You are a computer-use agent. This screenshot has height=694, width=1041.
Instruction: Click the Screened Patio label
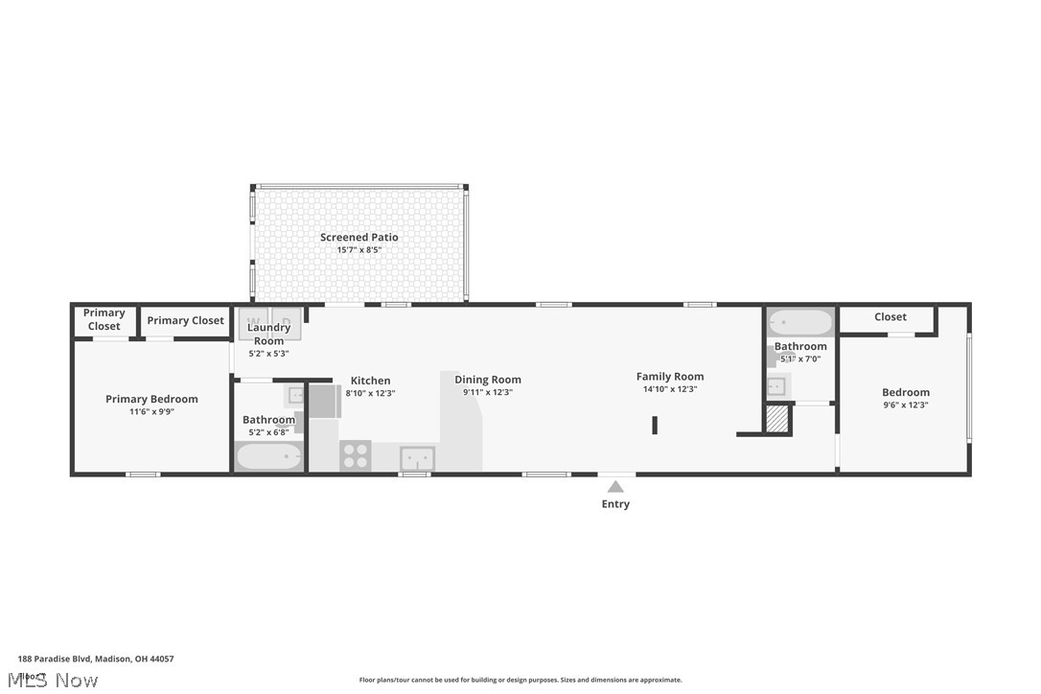[x=359, y=237]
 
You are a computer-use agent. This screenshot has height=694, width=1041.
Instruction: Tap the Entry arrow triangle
[x=615, y=487]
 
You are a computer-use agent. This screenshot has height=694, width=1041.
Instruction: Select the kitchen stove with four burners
[x=356, y=455]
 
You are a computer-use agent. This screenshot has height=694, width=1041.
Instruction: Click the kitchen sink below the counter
[x=417, y=458]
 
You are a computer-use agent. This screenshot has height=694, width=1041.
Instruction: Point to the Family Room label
[x=669, y=377]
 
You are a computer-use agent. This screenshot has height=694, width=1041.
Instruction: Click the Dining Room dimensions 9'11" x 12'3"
[x=488, y=392]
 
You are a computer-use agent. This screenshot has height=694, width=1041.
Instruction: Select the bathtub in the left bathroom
[x=268, y=456]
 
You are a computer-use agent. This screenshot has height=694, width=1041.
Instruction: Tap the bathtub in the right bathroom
[x=800, y=322]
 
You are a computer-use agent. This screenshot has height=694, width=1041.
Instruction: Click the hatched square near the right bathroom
[x=777, y=420]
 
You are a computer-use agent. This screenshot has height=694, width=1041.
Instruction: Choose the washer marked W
[x=254, y=321]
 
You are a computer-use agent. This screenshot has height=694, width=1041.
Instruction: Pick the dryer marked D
[x=286, y=321]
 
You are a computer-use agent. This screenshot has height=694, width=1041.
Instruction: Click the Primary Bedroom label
[x=151, y=399]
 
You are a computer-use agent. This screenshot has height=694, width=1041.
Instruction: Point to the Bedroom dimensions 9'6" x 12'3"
[x=906, y=405]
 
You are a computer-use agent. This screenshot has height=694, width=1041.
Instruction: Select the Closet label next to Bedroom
[x=890, y=317]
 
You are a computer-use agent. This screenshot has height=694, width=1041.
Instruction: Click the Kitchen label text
[x=370, y=381]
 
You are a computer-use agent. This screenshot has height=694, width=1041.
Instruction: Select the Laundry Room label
[x=268, y=334]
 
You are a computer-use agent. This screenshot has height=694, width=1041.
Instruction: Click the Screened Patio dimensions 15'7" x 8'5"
[x=359, y=250]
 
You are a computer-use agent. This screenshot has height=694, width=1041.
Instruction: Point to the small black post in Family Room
[x=655, y=426]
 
